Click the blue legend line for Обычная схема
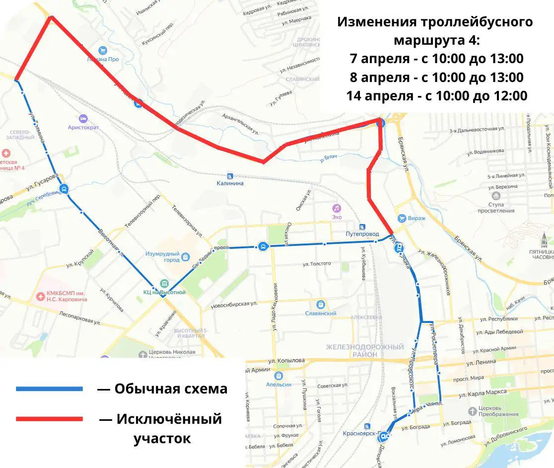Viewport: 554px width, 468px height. tap(49, 389)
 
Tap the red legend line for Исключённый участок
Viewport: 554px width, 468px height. tap(49, 419)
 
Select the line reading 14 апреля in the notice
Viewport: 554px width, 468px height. tap(436, 96)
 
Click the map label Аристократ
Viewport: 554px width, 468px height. tap(83, 127)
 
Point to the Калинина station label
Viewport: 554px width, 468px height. tap(230, 183)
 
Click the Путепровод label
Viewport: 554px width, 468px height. tap(362, 234)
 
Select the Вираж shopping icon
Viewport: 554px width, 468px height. tap(401, 218)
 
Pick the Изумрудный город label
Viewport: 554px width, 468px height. tap(162, 257)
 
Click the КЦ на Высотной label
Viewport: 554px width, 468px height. tap(164, 292)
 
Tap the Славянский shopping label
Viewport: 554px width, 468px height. tap(321, 313)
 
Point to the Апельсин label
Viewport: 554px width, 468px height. tap(278, 384)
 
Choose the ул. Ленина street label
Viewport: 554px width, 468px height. tap(480, 362)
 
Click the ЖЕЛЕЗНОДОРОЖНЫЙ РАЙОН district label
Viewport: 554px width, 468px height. tap(365, 350)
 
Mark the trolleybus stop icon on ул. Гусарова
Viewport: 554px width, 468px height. tap(64, 189)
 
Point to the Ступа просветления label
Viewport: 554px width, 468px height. tap(496, 207)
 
